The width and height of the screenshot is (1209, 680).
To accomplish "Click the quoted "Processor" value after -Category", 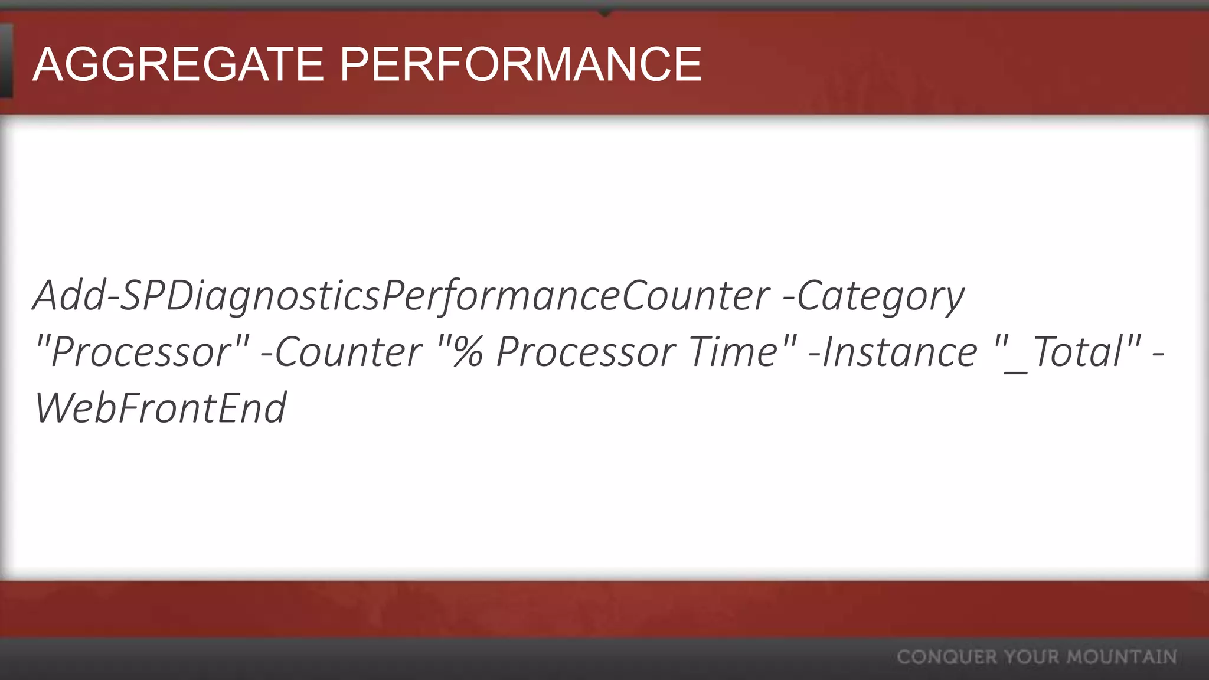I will tap(142, 352).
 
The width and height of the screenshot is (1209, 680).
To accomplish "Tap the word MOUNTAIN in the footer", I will tap(1122, 657).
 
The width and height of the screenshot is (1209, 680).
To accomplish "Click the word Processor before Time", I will tap(584, 352).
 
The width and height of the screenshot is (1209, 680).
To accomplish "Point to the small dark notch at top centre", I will tap(604, 11).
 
